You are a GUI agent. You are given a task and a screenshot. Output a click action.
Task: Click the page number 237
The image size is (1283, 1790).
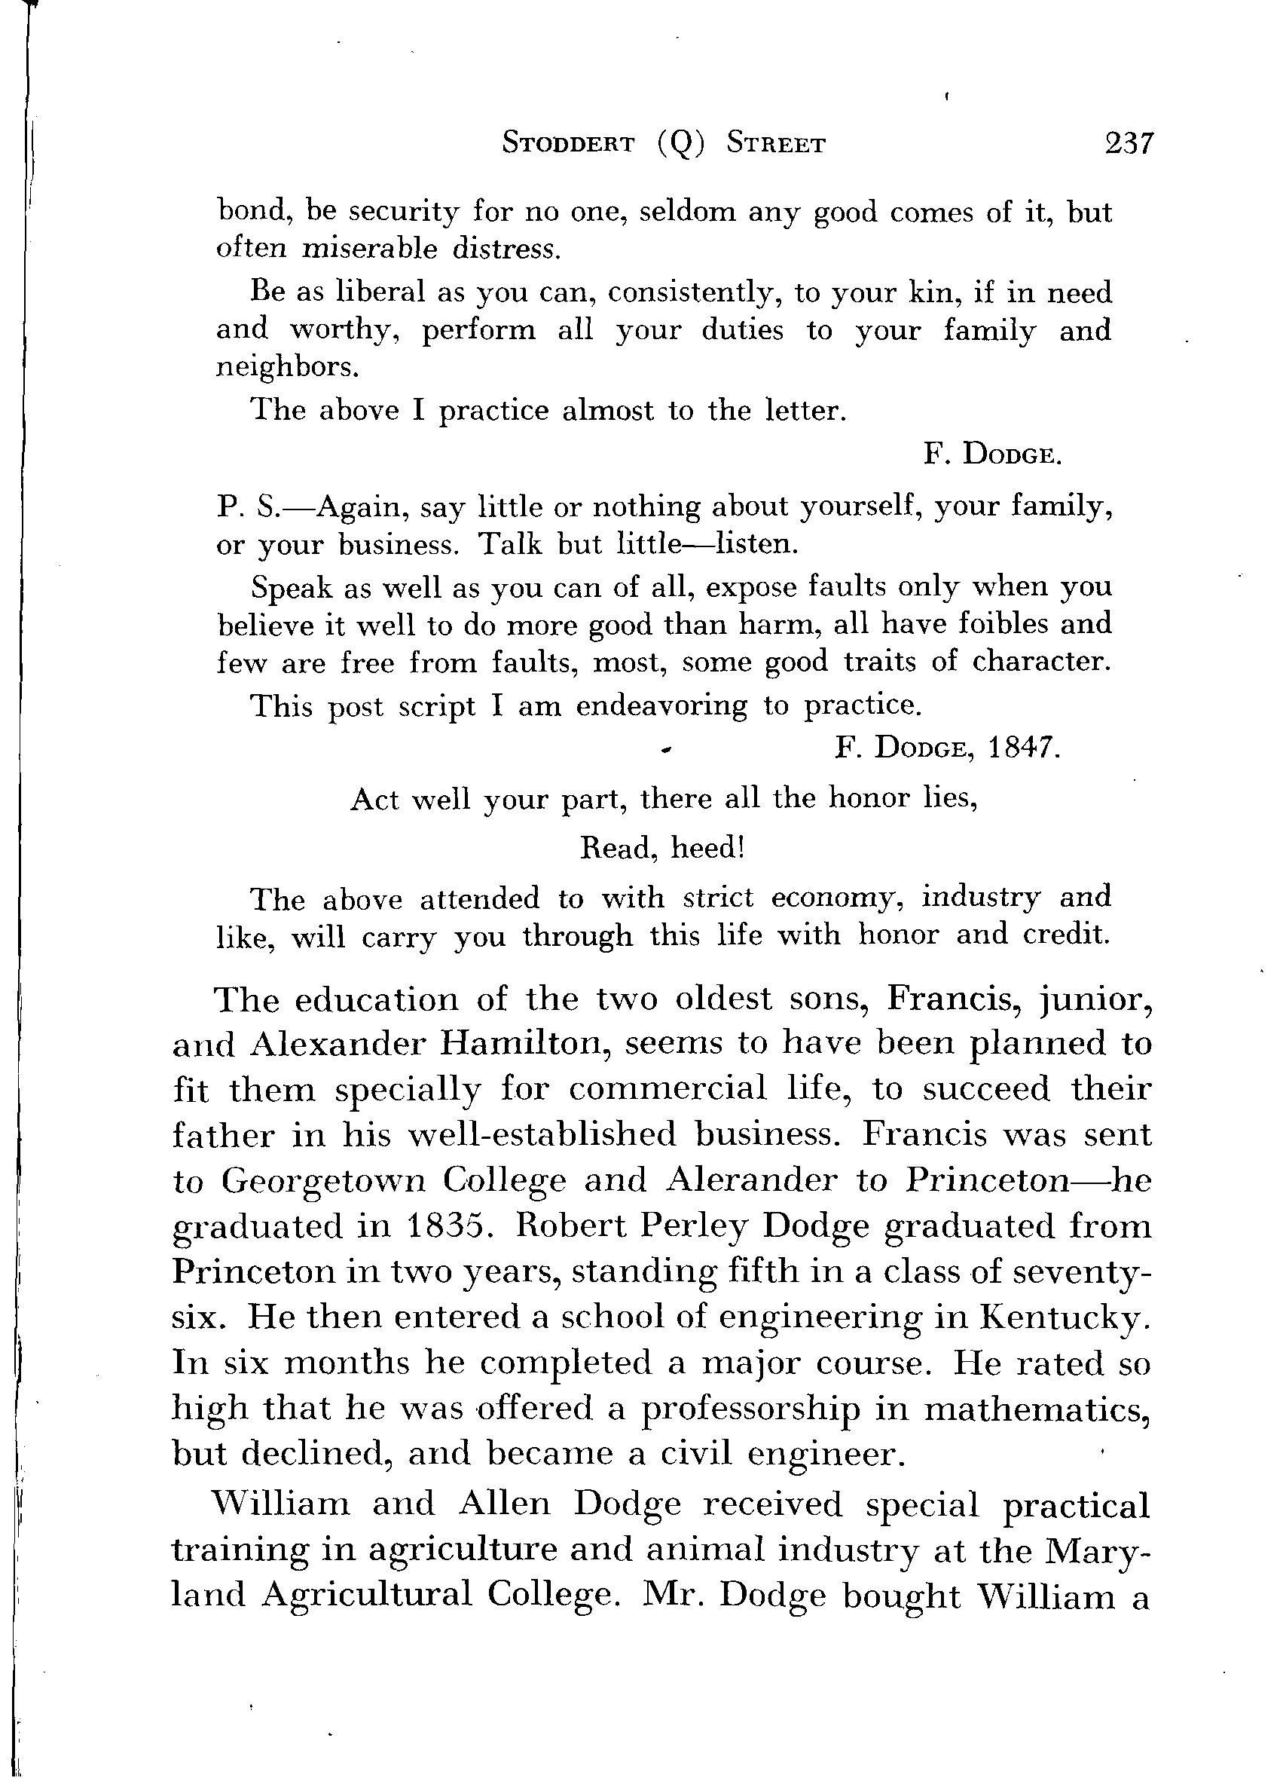coord(1129,144)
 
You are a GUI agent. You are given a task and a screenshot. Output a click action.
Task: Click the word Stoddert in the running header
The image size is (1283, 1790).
coord(568,144)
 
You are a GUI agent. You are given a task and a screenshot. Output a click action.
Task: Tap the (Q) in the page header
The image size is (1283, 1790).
coord(680,144)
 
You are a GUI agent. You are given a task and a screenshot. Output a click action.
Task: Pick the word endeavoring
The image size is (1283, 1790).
coord(661,705)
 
